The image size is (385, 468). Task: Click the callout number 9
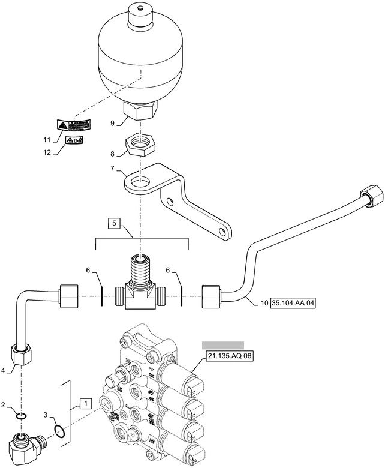click(111, 124)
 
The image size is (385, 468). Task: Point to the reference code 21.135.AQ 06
click(230, 356)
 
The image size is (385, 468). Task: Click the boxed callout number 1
click(87, 404)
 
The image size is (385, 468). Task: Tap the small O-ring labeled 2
click(22, 416)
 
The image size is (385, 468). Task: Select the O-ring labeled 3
click(60, 429)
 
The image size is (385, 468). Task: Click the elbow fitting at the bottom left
click(25, 448)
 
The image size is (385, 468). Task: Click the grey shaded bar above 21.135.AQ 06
click(222, 344)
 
